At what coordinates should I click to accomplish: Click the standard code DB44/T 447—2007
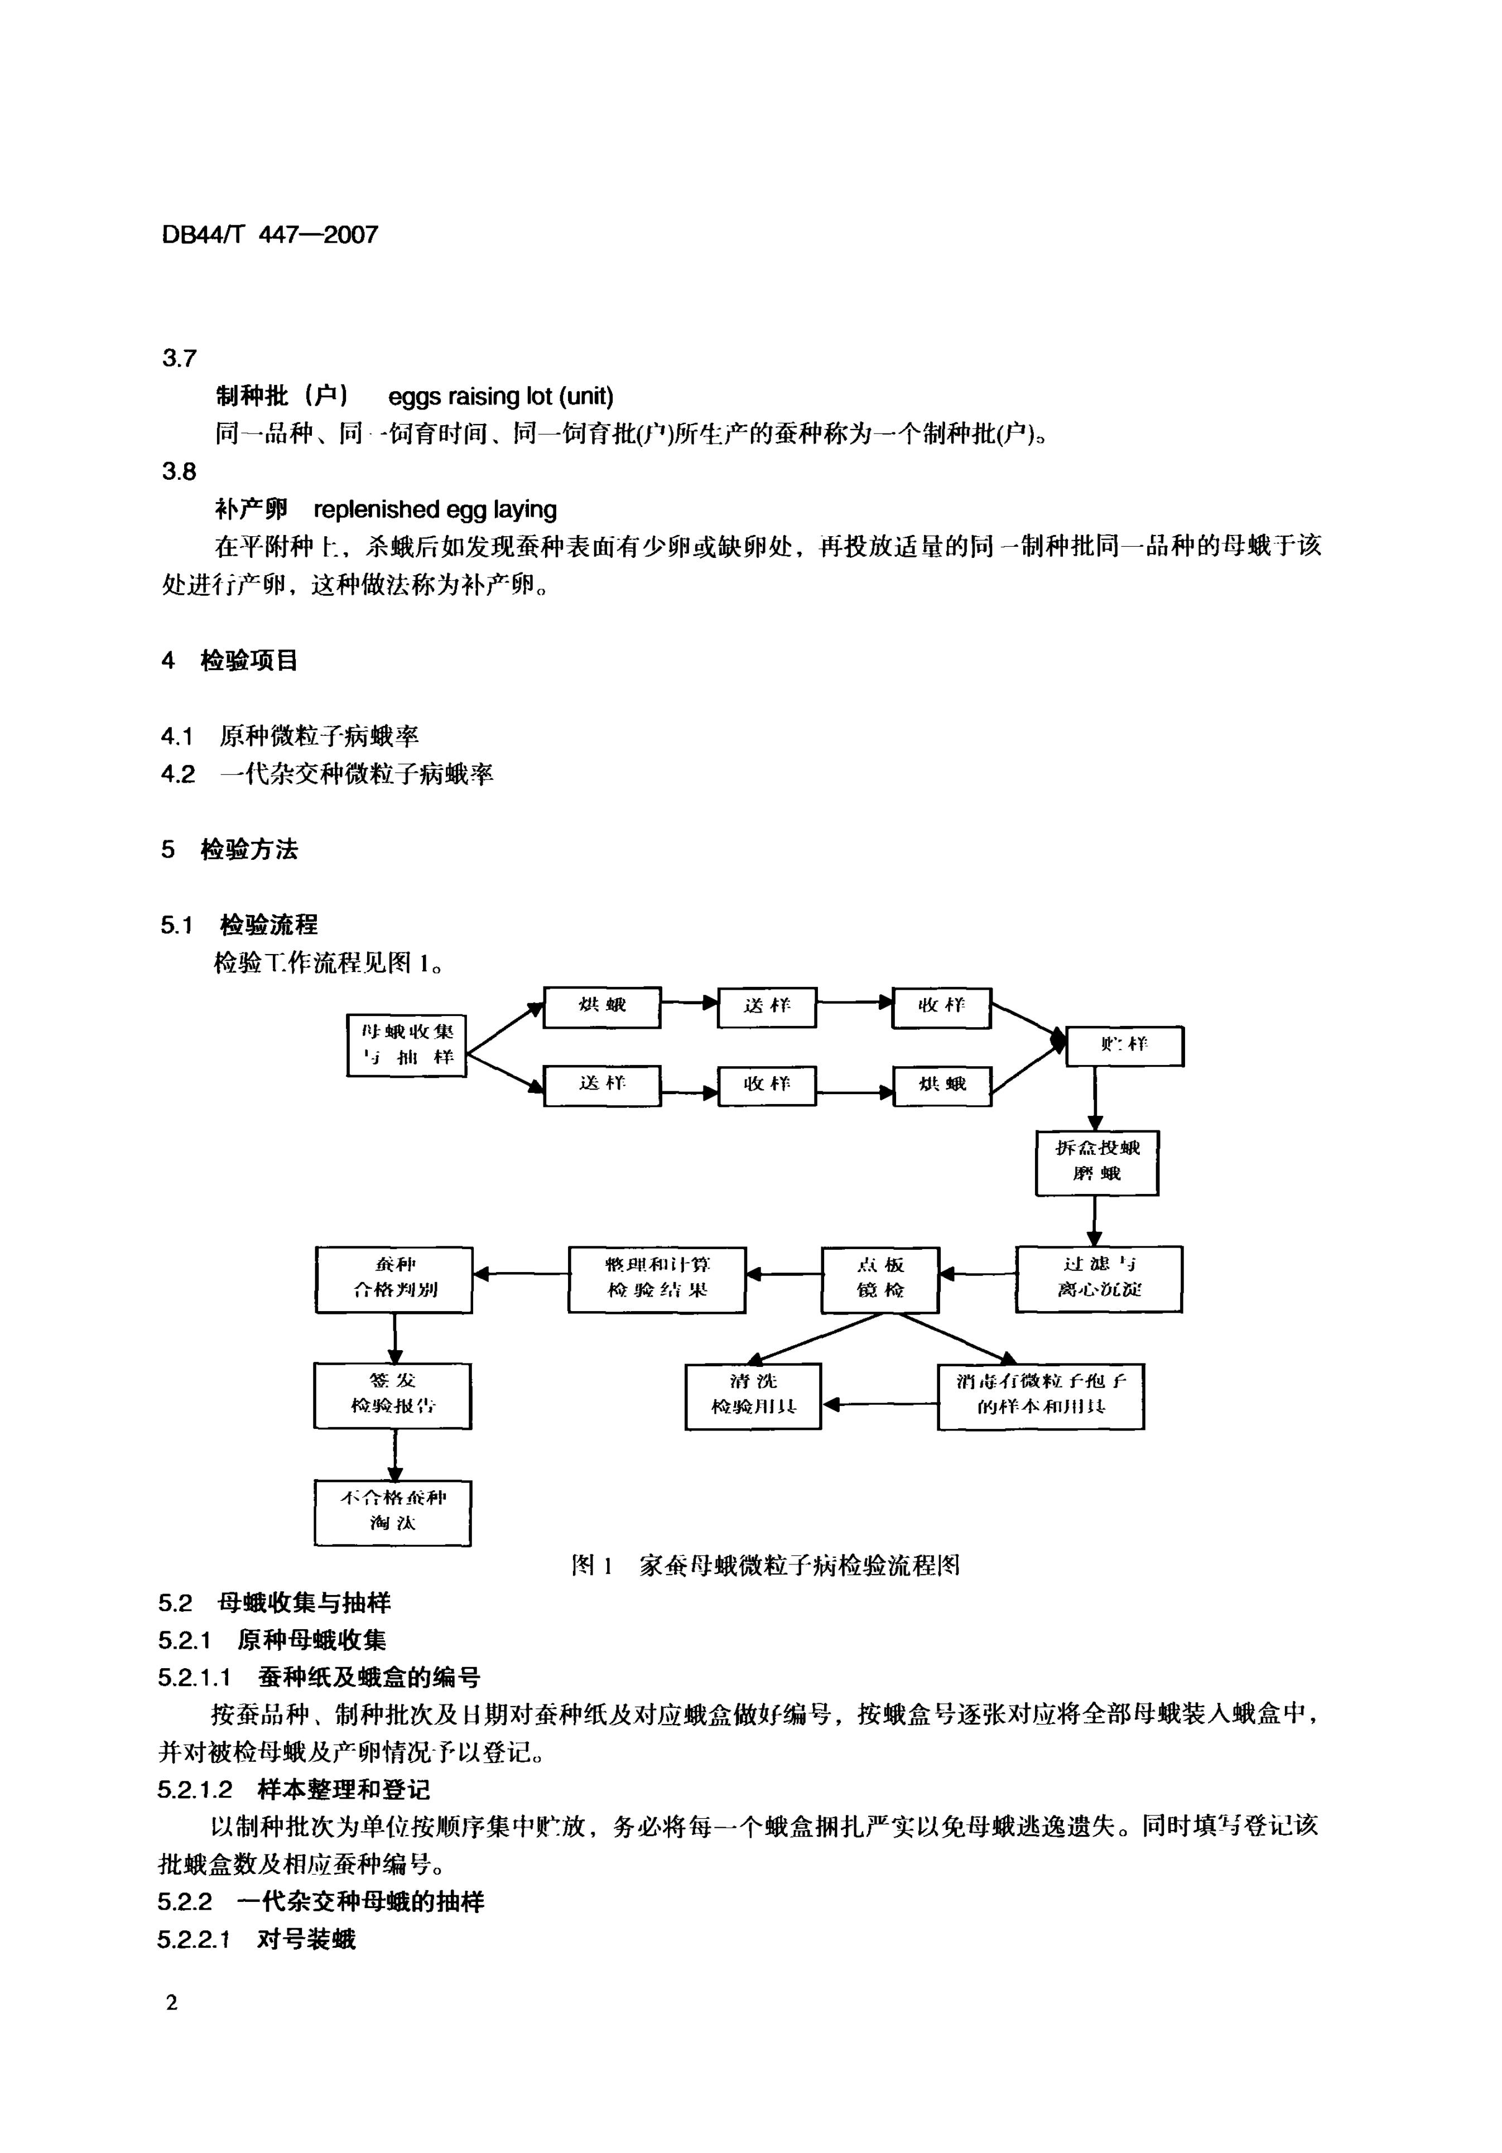coord(270,234)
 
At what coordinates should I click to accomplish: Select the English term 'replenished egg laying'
coord(434,509)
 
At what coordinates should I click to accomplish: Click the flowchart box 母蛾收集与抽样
coord(406,1044)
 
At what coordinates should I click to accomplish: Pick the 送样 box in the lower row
coord(602,1085)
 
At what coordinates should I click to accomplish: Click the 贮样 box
coord(1124,1046)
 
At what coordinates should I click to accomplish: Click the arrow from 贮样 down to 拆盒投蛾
coord(1095,1098)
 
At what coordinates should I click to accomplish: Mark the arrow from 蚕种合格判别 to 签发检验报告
coord(394,1337)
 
